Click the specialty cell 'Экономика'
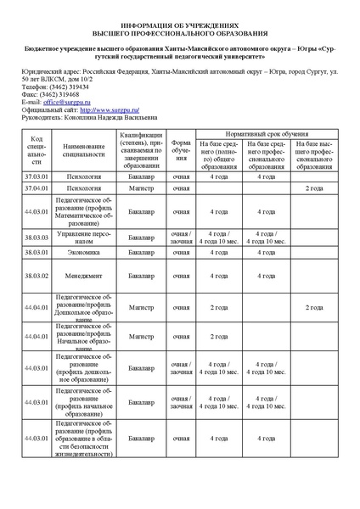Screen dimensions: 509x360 [84, 253]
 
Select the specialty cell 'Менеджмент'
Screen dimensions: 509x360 [84, 275]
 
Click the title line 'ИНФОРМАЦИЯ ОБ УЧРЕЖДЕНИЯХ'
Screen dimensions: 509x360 [180, 26]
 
